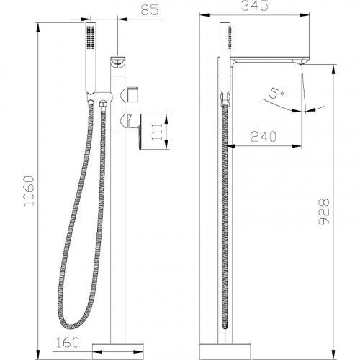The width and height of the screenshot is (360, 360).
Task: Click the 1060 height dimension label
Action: click(x=30, y=191)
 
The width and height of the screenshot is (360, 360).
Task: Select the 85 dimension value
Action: click(x=150, y=10)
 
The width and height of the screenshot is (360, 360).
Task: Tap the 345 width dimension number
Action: click(x=254, y=6)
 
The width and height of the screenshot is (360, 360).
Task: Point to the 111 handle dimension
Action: click(x=157, y=132)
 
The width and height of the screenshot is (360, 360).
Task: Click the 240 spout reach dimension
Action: click(x=264, y=137)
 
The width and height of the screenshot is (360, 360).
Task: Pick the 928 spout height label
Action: click(x=324, y=212)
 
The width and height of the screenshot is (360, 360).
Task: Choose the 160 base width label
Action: click(x=68, y=342)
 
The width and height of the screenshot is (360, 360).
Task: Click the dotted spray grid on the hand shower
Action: click(x=91, y=37)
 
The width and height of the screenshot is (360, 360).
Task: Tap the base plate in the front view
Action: click(x=118, y=351)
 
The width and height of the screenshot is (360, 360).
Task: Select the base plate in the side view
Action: click(x=225, y=351)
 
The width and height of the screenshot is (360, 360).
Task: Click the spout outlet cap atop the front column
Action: click(x=117, y=62)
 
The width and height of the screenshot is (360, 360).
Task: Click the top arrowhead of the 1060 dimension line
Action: click(x=38, y=27)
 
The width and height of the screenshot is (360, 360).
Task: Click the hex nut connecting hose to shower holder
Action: click(x=103, y=104)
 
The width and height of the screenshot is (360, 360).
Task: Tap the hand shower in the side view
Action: click(x=225, y=57)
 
